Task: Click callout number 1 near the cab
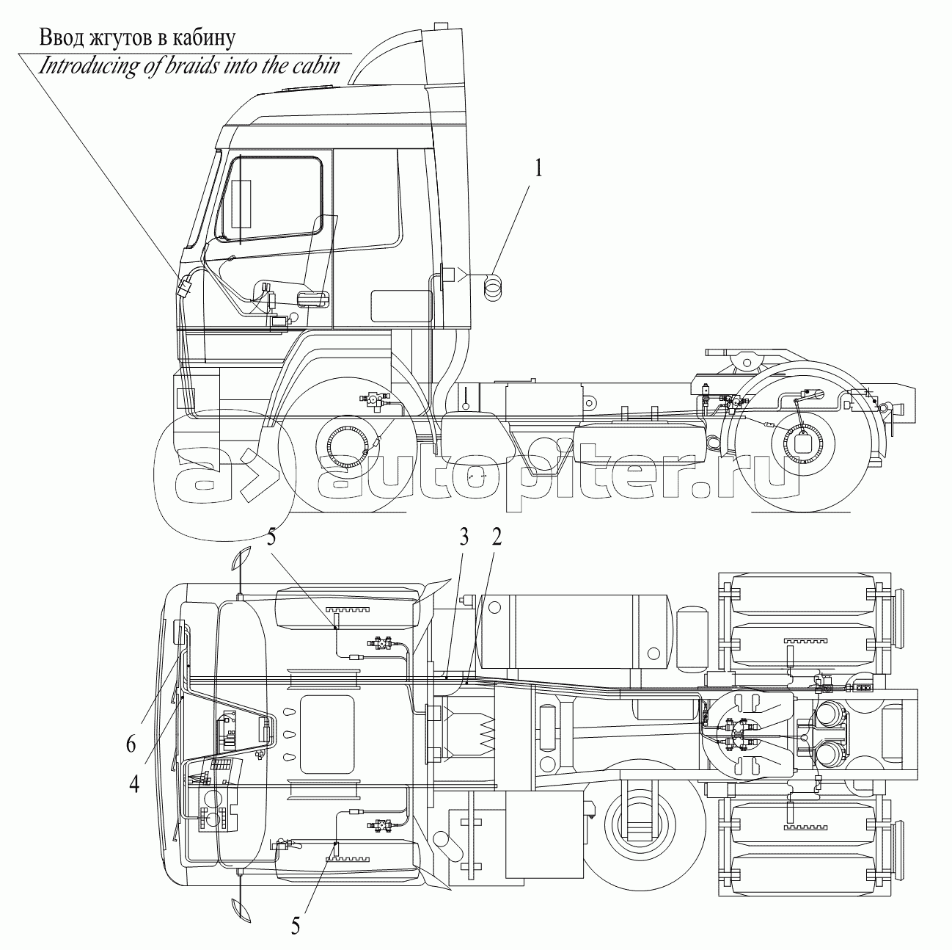click(x=538, y=170)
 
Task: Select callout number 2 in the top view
click(x=497, y=537)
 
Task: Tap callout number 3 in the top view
click(x=463, y=537)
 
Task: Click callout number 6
click(x=131, y=744)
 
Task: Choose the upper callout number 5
click(x=272, y=538)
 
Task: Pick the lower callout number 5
click(x=295, y=926)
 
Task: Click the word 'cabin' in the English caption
click(x=316, y=66)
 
